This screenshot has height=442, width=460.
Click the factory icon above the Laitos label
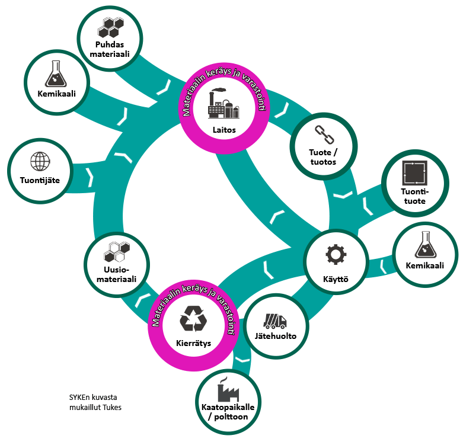pos(223,105)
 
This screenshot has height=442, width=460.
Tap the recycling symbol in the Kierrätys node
pos(193,319)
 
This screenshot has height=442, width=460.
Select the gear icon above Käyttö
pos(335,254)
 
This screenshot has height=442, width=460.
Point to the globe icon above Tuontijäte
pos(40,161)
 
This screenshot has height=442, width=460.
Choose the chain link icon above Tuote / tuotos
pos(322,134)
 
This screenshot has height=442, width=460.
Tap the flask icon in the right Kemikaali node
pos(424,245)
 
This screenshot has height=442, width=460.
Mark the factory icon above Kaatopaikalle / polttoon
pos(228,390)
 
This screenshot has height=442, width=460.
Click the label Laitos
pos(223,129)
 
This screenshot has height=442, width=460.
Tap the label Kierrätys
pos(193,343)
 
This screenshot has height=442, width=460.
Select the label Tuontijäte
pos(40,180)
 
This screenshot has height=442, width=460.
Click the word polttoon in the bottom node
pos(231,417)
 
